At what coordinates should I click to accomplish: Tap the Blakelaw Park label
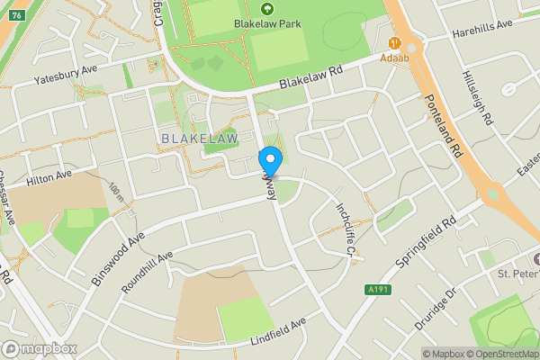(266, 25)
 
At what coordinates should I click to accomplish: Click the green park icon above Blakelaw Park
(266, 9)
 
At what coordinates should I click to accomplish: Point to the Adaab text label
(394, 57)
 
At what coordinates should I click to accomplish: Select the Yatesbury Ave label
(65, 72)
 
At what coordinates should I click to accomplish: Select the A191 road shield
(378, 290)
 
